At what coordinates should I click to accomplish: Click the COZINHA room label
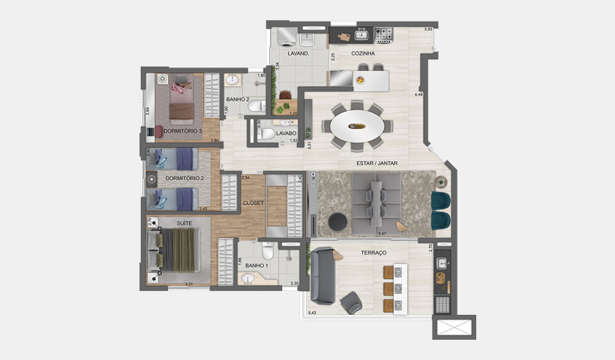(363, 53)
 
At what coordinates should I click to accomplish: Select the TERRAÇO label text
(373, 253)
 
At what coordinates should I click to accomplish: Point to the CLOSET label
(253, 203)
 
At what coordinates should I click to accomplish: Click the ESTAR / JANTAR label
(377, 163)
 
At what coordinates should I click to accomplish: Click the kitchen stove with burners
(384, 34)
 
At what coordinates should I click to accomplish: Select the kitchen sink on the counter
(361, 34)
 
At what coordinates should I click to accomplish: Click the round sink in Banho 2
(232, 79)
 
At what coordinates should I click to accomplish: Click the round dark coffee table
(337, 221)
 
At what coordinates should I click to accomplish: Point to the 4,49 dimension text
(419, 95)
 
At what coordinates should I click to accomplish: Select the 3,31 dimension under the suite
(190, 284)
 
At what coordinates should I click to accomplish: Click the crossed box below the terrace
(454, 327)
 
